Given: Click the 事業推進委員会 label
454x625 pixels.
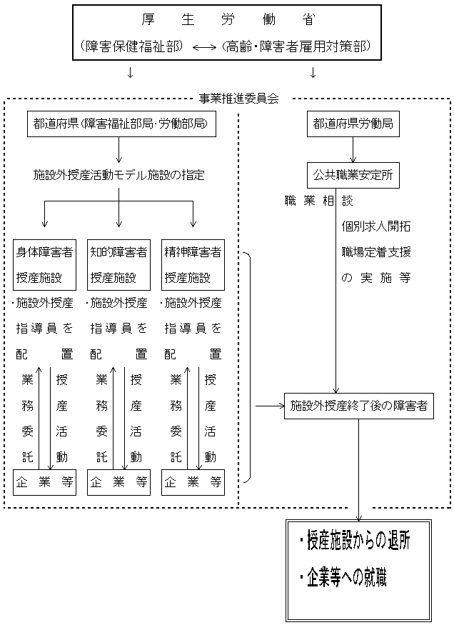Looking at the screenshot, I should (238, 97).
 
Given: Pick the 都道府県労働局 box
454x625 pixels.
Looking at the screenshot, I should (352, 124).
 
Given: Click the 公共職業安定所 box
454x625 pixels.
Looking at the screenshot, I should (352, 173).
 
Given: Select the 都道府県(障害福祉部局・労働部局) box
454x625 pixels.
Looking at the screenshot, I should (121, 124).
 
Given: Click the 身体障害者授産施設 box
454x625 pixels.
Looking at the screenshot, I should (44, 264).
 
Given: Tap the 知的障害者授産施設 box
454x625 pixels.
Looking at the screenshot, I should (118, 264).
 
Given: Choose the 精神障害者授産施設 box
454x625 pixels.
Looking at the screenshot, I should (193, 264).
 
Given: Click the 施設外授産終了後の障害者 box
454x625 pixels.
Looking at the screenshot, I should (358, 406).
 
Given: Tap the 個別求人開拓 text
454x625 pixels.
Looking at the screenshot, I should (376, 226).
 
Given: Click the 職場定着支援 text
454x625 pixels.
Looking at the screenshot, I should (376, 251).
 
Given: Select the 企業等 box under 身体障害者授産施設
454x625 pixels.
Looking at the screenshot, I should (44, 481).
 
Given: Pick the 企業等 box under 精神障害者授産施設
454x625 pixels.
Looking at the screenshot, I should (193, 481).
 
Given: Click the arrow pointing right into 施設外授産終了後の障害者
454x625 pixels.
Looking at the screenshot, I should (268, 406).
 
